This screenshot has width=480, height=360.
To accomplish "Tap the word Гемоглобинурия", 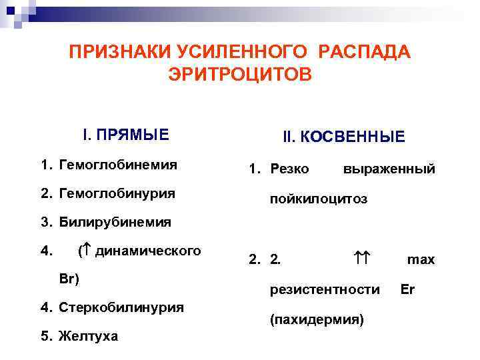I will pyautogui.click(x=117, y=193).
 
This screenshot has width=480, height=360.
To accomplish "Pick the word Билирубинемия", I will pyautogui.click(x=115, y=222).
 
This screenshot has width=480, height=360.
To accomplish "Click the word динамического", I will pyautogui.click(x=148, y=251).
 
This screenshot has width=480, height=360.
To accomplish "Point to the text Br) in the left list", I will pyautogui.click(x=69, y=279).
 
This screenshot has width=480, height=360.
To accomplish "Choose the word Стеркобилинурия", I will pyautogui.click(x=121, y=308).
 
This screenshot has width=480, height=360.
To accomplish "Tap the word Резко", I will pyautogui.click(x=289, y=169).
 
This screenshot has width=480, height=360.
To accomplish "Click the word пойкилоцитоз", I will pyautogui.click(x=319, y=199).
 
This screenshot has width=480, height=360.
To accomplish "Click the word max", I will pyautogui.click(x=421, y=260).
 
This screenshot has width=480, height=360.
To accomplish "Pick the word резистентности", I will pyautogui.click(x=325, y=290).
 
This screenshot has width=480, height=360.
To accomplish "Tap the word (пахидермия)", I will pyautogui.click(x=317, y=320).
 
